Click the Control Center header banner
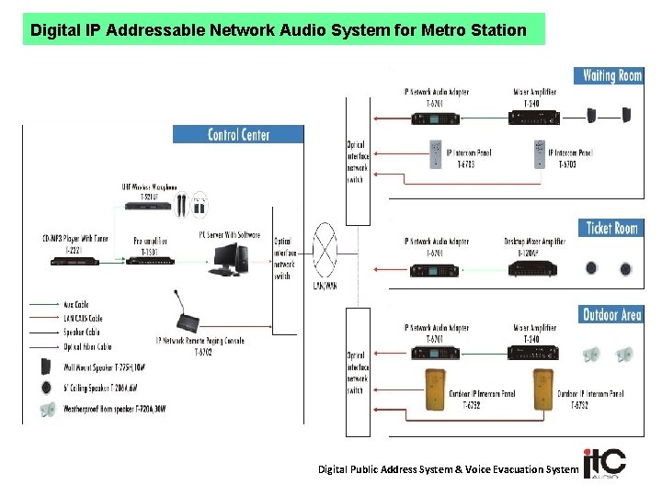click(x=238, y=134)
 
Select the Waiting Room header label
click(x=611, y=75)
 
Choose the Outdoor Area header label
click(x=611, y=315)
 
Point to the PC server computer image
click(x=228, y=260)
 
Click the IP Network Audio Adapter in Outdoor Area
click(x=430, y=353)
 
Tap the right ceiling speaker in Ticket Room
click(x=625, y=269)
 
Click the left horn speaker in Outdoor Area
click(x=592, y=354)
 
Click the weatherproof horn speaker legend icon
click(x=48, y=410)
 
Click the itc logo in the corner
click(x=603, y=464)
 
